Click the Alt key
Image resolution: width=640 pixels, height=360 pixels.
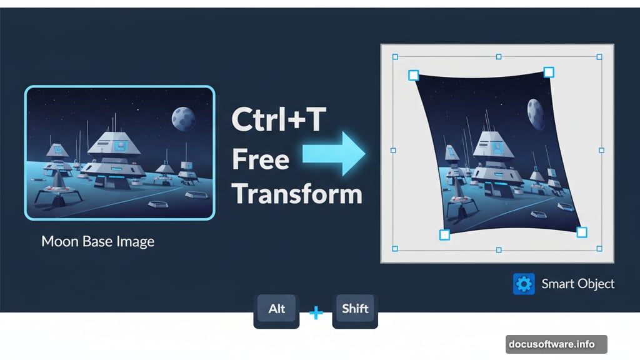276,309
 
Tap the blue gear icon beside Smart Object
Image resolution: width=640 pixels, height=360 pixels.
523,284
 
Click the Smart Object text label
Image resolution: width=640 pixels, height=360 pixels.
577,284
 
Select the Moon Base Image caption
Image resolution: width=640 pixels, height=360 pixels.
97,241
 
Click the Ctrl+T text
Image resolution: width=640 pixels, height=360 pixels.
278,120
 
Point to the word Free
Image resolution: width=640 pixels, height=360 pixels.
261,159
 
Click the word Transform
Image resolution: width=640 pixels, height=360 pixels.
297,194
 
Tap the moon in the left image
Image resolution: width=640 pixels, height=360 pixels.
183,117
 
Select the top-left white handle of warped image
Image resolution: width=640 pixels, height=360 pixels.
413,76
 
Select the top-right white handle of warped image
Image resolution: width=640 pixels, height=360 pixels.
548,72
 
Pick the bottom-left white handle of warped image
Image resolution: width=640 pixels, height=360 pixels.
444,235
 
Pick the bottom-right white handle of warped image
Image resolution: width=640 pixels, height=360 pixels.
581,232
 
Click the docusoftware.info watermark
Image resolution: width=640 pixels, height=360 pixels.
551,344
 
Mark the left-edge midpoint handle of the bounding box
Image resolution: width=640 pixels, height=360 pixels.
393,151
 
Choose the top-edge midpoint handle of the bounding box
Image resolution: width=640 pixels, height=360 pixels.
498,57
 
